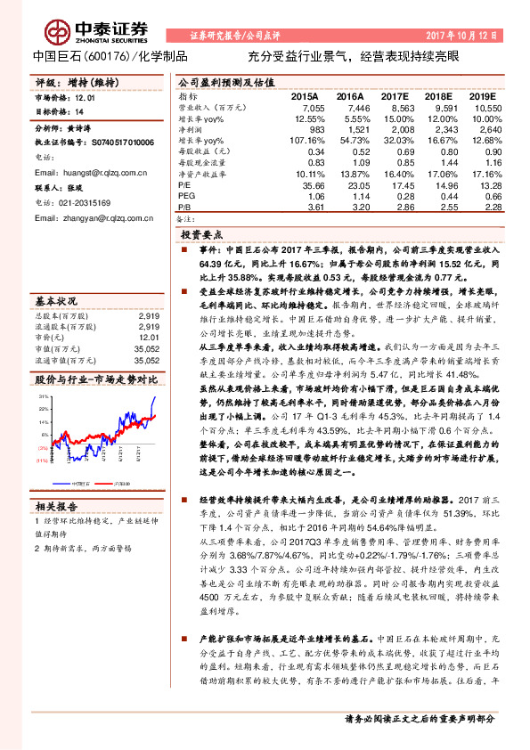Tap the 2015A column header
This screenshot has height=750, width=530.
point(305,95)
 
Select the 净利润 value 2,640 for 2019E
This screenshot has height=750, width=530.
point(489,129)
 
